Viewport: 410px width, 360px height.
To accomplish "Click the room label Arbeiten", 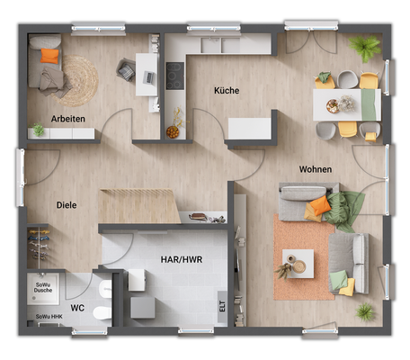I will point(69,119).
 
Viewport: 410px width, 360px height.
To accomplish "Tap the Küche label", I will point(227,91).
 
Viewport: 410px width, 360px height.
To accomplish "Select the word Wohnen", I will point(316,169).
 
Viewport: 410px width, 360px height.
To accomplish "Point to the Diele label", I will point(66,204).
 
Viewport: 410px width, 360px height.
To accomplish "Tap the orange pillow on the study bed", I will point(49,57).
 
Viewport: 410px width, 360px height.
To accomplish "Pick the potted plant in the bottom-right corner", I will point(364,311).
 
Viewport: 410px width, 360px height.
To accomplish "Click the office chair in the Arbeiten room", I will point(127,68).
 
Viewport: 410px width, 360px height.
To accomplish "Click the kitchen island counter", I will point(252,127).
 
